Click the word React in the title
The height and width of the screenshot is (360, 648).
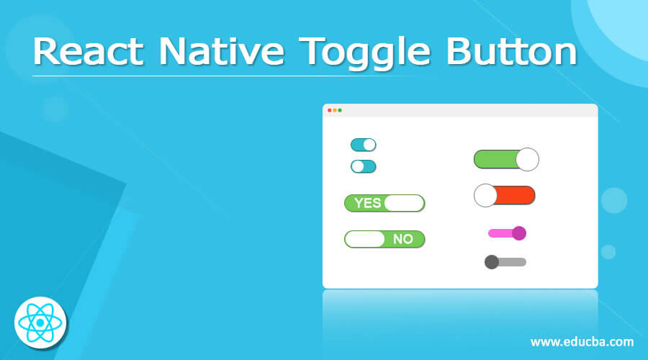click(89, 53)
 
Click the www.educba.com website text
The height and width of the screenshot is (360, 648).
click(582, 341)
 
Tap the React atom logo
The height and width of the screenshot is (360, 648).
click(40, 321)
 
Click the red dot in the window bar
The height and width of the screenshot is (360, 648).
click(329, 110)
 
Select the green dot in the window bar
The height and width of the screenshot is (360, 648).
click(340, 110)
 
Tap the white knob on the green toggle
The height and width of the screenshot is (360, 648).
click(527, 159)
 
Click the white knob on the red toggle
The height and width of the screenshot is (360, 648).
click(485, 195)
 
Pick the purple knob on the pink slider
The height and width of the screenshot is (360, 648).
click(518, 233)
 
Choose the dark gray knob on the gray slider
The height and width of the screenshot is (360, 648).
click(492, 261)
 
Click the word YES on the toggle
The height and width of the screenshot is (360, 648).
click(368, 203)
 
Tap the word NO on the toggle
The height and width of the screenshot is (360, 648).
click(403, 239)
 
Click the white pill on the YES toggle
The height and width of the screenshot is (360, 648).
click(404, 203)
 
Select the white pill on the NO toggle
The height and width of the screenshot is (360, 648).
click(366, 239)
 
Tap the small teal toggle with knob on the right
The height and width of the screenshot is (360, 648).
click(363, 145)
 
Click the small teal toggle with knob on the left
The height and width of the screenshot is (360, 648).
click(363, 166)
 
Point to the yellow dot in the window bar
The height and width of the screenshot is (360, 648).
click(335, 110)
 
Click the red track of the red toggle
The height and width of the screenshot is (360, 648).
click(516, 195)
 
